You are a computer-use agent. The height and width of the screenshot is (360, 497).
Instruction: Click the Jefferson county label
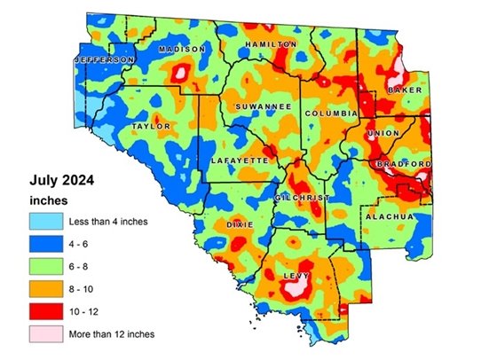pyautogui.click(x=104, y=59)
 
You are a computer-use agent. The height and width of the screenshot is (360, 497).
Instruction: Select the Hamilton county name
pyautogui.click(x=271, y=43)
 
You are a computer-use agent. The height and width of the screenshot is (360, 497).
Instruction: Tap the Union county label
pyautogui.click(x=383, y=134)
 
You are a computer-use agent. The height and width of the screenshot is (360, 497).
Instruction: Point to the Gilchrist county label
pyautogui.click(x=303, y=196)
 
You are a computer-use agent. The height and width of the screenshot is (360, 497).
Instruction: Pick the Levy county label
pyautogui.click(x=294, y=277)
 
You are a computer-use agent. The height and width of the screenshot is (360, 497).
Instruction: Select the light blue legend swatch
pyautogui.click(x=43, y=218)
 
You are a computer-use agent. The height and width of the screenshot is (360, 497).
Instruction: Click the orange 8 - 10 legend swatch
pyautogui.click(x=43, y=288)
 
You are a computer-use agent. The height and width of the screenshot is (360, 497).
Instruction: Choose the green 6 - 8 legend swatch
pyautogui.click(x=43, y=265)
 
